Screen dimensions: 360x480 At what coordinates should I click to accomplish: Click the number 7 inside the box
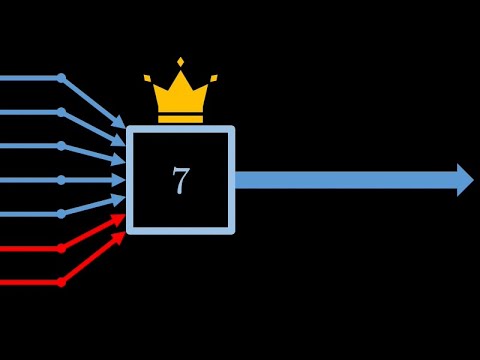(180, 181)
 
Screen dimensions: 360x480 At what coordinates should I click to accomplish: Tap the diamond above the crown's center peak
(180, 62)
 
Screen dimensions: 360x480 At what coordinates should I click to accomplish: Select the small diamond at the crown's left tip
(147, 78)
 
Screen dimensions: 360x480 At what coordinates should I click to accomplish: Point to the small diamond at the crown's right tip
(214, 78)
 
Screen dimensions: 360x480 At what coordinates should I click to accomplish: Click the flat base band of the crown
(180, 118)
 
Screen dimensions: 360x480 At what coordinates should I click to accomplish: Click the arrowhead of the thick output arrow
(465, 180)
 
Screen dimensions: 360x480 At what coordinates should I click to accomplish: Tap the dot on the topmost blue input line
(61, 78)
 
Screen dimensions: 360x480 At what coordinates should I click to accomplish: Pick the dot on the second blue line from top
(61, 112)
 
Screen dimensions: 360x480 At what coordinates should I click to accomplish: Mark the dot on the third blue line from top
(61, 146)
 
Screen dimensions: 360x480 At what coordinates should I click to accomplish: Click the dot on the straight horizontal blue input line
(61, 180)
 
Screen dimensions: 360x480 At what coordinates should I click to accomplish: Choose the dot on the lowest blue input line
(61, 214)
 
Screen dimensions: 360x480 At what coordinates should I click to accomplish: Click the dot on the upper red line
(61, 248)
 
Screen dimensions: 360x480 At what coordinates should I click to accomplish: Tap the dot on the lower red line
(61, 282)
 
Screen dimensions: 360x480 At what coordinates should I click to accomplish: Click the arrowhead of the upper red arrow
(119, 217)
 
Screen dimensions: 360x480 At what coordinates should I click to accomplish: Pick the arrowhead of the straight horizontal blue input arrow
(119, 180)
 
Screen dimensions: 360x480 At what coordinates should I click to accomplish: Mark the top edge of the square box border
(180, 129)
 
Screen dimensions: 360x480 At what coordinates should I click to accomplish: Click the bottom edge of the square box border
(180, 231)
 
